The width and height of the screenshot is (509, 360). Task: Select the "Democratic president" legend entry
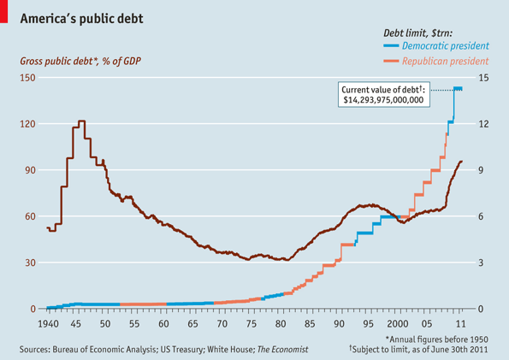[444, 45]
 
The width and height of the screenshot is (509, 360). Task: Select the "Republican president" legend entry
[444, 62]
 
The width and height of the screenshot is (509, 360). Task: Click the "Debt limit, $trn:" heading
[424, 30]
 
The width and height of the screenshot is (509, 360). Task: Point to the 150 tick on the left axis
[27, 78]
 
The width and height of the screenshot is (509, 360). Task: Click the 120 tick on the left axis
[27, 124]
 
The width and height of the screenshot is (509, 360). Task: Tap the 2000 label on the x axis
[396, 325]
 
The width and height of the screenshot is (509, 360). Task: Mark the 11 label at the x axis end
[461, 325]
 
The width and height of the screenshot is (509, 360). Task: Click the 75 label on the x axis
[250, 325]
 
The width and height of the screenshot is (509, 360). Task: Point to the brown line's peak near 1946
[81, 121]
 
